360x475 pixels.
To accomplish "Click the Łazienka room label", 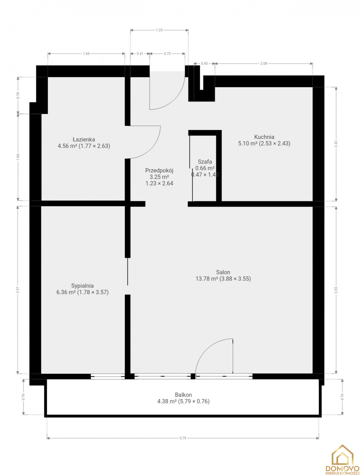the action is [x=84, y=139].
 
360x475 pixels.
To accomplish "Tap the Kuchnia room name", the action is [x=264, y=137].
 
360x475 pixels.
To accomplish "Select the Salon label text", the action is [x=223, y=272].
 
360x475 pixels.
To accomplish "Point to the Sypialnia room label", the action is [x=83, y=286].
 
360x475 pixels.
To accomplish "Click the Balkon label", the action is [x=183, y=395].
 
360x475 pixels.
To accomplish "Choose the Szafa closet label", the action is [x=205, y=162].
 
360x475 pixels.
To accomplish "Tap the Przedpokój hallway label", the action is [x=159, y=170].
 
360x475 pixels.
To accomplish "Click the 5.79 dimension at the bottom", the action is [x=183, y=438].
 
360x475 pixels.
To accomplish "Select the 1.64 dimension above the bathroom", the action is [x=86, y=54].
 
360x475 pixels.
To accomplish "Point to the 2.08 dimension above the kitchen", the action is [x=264, y=63].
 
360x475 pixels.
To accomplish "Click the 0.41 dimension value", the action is [x=140, y=54].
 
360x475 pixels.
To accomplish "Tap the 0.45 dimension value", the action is [x=204, y=63].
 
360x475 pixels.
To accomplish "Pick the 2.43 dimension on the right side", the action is [x=336, y=144].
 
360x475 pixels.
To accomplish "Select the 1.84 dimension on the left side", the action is [x=18, y=157].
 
